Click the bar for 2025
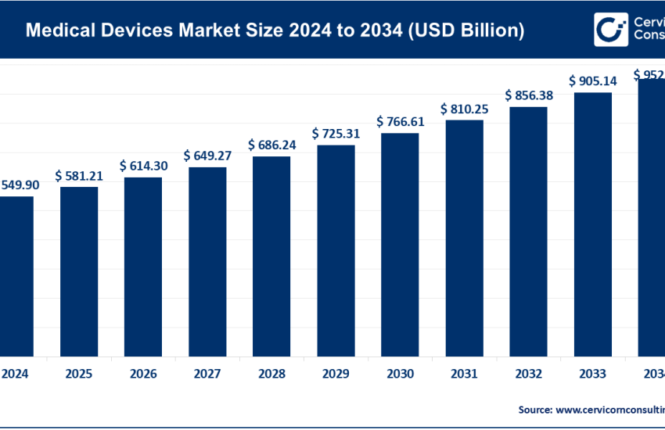[x=79, y=271]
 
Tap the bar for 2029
[x=336, y=249]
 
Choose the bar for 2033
[x=592, y=224]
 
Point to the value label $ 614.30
[x=143, y=167]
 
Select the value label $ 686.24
[x=271, y=145]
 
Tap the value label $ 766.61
[x=400, y=122]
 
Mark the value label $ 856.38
[x=528, y=95]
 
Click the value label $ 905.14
[x=592, y=81]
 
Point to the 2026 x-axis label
[x=143, y=374]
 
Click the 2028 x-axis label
[x=271, y=374]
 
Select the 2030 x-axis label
[x=400, y=374]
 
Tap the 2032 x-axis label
[x=528, y=374]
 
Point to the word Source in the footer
[x=535, y=409]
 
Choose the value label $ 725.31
[x=336, y=134]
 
